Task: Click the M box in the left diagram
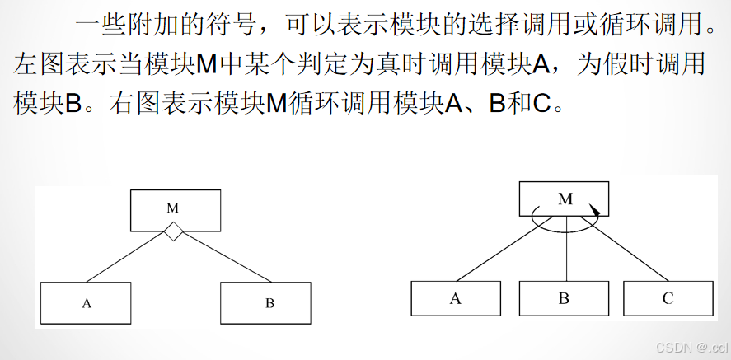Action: coord(176,210)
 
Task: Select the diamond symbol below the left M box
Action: coord(172,233)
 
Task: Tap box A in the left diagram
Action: coord(86,302)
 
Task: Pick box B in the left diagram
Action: coord(265,302)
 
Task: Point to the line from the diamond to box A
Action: coord(128,259)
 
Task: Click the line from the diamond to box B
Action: coord(218,259)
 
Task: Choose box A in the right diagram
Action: coord(456,298)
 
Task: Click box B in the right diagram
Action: coord(564,298)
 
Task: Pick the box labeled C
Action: coord(668,298)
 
